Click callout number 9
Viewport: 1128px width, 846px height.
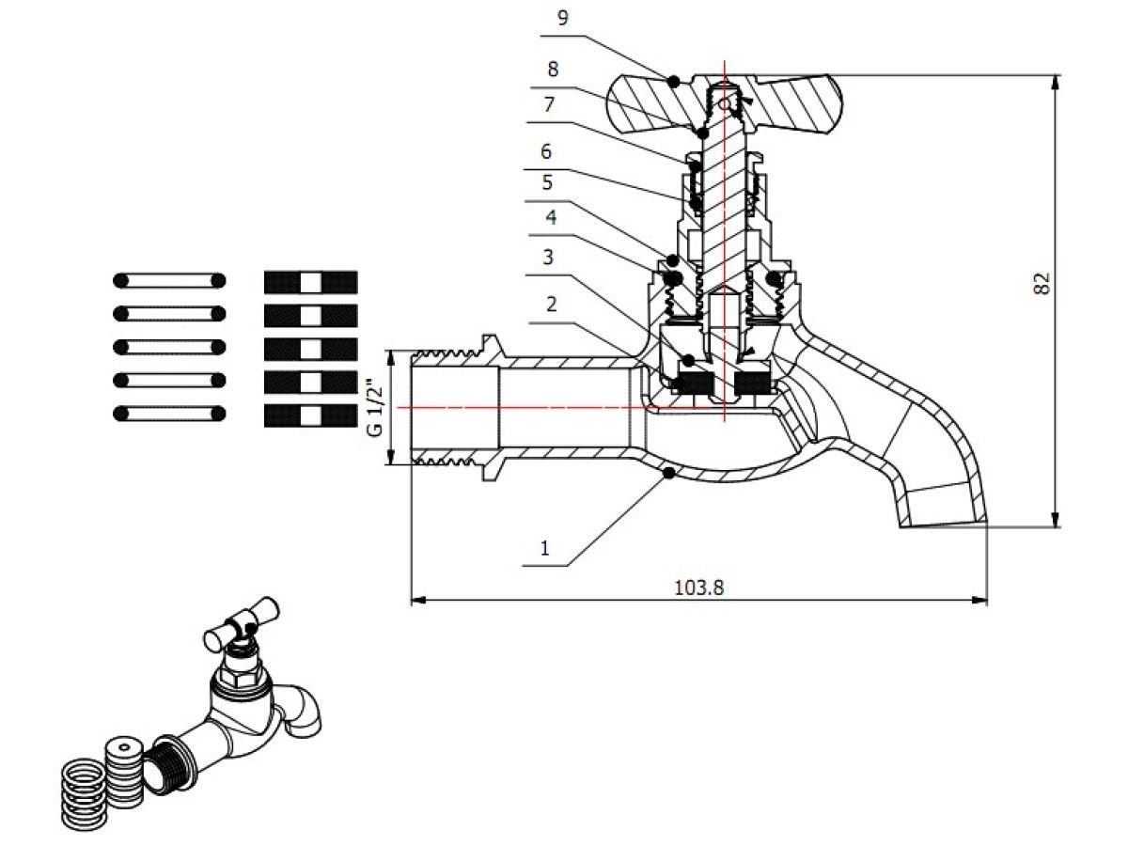[x=563, y=19]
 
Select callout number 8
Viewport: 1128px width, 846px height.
[x=553, y=70]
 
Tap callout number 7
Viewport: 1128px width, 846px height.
[x=549, y=104]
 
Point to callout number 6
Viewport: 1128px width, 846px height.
[x=546, y=151]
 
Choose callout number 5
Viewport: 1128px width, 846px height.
[x=547, y=182]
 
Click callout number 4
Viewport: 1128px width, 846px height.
[x=551, y=217]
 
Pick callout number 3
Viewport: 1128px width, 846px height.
[x=548, y=257]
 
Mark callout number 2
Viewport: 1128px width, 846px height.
[x=552, y=304]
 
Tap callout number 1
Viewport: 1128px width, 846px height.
[x=544, y=548]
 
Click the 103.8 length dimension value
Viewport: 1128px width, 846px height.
[x=698, y=587]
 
